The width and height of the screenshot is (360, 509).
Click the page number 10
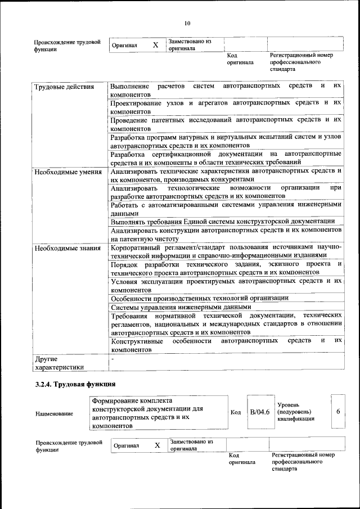(187, 23)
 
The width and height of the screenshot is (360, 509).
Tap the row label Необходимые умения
(67, 172)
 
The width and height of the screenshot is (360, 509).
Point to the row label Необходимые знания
(67, 248)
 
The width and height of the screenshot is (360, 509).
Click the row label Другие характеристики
(59, 362)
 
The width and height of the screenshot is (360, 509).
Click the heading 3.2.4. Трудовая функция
(75, 384)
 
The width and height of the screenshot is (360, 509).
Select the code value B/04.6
(260, 412)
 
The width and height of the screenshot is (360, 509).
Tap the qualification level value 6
(338, 412)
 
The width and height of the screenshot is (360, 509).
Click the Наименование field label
(54, 414)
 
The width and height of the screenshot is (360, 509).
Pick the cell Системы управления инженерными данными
(179, 308)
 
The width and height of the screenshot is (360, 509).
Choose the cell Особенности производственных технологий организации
(200, 298)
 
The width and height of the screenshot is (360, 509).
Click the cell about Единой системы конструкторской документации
(223, 222)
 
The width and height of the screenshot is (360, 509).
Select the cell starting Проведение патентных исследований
(226, 124)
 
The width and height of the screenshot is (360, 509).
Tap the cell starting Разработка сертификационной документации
(226, 157)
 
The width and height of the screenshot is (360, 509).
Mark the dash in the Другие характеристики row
(113, 358)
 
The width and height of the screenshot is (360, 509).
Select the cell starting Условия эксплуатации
(226, 284)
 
